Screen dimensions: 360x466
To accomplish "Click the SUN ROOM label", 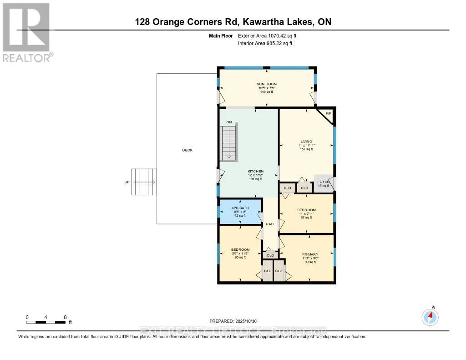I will click(266, 84).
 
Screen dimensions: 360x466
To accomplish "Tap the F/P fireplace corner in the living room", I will click(329, 113).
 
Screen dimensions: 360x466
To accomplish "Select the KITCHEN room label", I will click(256, 172).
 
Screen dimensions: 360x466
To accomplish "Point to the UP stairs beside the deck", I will click(144, 182).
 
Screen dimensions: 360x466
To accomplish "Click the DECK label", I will click(187, 150).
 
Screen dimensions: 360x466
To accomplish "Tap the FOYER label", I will click(323, 182).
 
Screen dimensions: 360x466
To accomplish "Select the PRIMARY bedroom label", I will click(310, 254).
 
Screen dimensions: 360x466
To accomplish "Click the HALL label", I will click(270, 224).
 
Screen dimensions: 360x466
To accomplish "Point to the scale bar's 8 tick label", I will click(66, 317).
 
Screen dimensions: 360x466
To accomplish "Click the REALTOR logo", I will click(27, 32).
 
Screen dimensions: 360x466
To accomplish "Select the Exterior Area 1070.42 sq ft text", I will click(268, 35).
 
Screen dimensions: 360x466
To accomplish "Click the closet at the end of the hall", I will click(270, 255).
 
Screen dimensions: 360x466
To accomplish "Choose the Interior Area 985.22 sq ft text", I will click(265, 44).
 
